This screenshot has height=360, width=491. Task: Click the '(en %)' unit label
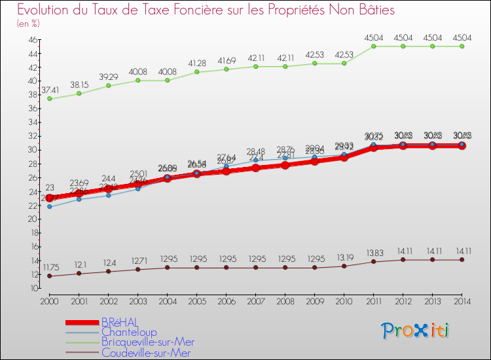pyautogui.click(x=28, y=24)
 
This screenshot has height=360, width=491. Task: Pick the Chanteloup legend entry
pyautogui.click(x=128, y=333)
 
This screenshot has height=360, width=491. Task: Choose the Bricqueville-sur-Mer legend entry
pyautogui.click(x=147, y=342)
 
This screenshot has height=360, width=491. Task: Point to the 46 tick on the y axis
pyautogui.click(x=32, y=39)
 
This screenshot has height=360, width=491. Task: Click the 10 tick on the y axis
pyautogui.click(x=32, y=289)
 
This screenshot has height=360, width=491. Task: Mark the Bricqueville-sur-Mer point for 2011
pyautogui.click(x=373, y=46)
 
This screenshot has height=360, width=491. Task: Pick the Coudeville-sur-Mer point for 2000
pyautogui.click(x=50, y=276)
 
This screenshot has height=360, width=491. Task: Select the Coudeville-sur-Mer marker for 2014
pyautogui.click(x=462, y=260)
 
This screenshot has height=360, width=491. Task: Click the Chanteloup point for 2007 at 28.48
pyautogui.click(x=256, y=160)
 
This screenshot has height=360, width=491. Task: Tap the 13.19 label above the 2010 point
pyautogui.click(x=344, y=257)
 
